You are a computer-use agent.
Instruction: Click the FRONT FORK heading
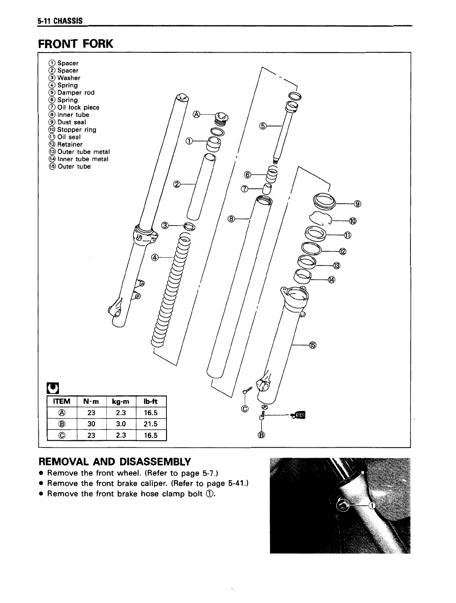(75, 44)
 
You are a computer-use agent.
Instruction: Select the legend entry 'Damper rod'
(76, 93)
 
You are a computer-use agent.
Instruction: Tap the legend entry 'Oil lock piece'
(78, 108)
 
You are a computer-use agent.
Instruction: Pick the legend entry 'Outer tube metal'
(83, 152)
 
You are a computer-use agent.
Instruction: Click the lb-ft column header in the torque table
(151, 401)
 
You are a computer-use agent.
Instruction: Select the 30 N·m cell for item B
(91, 424)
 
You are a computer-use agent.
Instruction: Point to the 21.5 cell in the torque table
(151, 424)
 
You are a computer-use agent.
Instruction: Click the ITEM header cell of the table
(62, 401)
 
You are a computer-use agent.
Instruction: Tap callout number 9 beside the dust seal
(357, 203)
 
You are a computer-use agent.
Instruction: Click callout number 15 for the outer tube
(313, 345)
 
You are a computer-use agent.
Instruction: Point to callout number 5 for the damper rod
(263, 126)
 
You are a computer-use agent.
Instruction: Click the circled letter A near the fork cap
(196, 114)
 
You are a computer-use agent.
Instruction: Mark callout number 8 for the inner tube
(231, 218)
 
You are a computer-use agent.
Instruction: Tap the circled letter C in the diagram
(245, 409)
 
